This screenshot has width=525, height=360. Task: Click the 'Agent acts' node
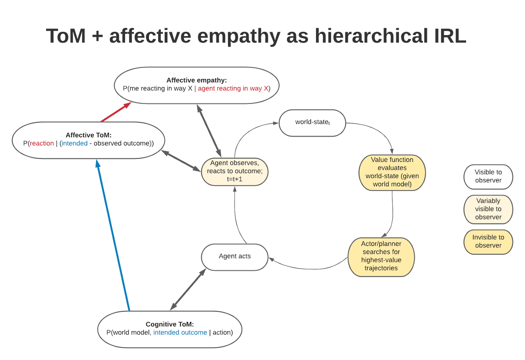pyautogui.click(x=235, y=257)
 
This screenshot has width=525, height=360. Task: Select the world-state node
pyautogui.click(x=312, y=123)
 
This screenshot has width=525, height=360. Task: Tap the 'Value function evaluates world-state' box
pyautogui.click(x=392, y=172)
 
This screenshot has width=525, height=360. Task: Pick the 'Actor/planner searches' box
pyautogui.click(x=381, y=256)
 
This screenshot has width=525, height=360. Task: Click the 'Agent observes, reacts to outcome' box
pyautogui.click(x=235, y=171)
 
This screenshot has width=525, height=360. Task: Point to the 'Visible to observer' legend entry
pyautogui.click(x=488, y=176)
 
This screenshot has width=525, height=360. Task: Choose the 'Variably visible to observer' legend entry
pyautogui.click(x=488, y=209)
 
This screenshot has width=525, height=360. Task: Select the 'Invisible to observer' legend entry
pyautogui.click(x=488, y=242)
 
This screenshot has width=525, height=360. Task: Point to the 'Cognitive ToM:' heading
pyautogui.click(x=170, y=324)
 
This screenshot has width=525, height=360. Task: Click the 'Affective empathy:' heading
pyautogui.click(x=197, y=80)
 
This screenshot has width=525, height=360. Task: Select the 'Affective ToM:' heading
pyautogui.click(x=89, y=135)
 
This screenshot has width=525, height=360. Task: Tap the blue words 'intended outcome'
pyautogui.click(x=180, y=332)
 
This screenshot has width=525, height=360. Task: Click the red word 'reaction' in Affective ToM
pyautogui.click(x=42, y=143)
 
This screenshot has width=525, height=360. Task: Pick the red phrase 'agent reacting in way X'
pyautogui.click(x=233, y=89)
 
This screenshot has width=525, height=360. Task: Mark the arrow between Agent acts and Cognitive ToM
pyautogui.click(x=188, y=290)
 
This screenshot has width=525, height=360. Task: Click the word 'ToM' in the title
pyautogui.click(x=66, y=36)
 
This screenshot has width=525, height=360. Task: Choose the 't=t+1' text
pyautogui.click(x=234, y=179)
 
